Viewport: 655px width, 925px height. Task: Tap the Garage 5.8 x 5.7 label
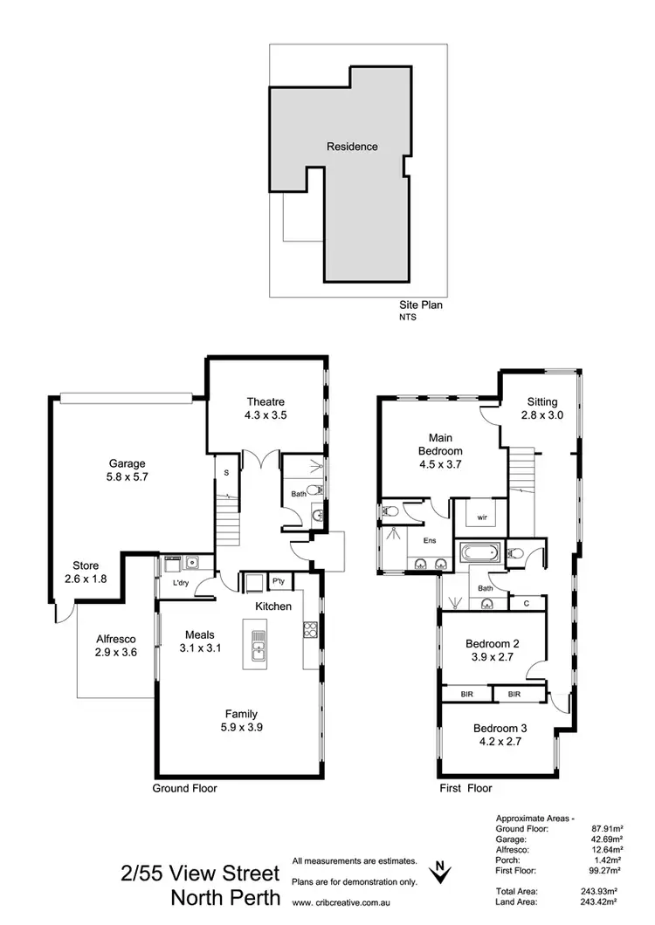pyautogui.click(x=128, y=470)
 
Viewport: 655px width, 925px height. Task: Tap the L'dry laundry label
pyautogui.click(x=181, y=582)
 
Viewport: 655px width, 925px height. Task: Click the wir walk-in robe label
pyautogui.click(x=481, y=517)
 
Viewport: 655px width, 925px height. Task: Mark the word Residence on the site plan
pyautogui.click(x=352, y=147)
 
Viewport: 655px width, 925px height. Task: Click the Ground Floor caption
pyautogui.click(x=185, y=788)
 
